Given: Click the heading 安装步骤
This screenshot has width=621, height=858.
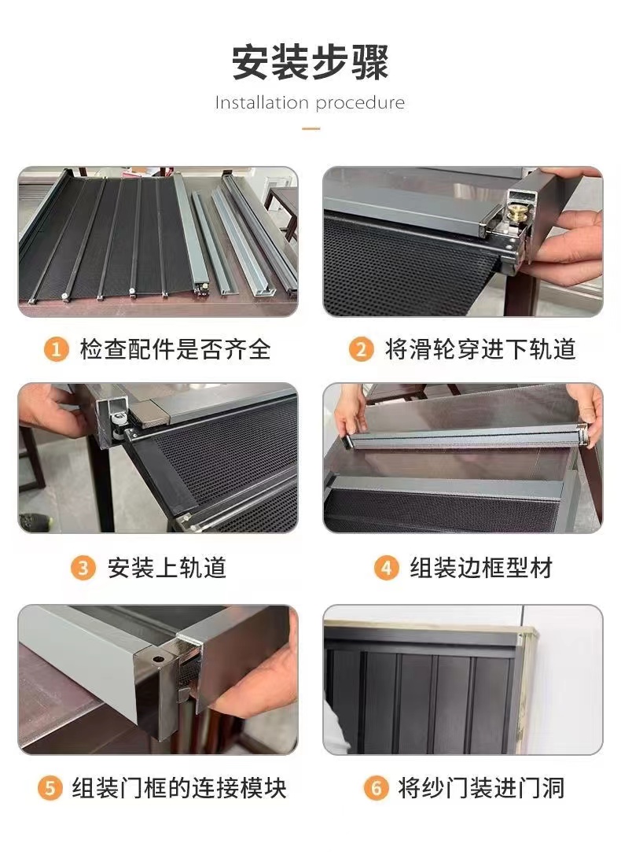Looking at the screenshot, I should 310,63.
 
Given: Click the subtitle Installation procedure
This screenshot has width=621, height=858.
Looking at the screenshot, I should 310,103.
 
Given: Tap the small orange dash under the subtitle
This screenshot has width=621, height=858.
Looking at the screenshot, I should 310,127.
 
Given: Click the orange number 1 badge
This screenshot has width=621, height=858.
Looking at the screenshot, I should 55,349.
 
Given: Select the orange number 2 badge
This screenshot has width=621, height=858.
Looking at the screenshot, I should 361,349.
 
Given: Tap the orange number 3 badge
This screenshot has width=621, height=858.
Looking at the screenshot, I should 83,568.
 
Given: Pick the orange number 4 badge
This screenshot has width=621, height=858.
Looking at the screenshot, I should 385,568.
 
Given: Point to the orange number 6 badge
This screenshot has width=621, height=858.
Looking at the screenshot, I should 376,787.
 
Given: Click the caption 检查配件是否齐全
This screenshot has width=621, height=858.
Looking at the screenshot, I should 175,349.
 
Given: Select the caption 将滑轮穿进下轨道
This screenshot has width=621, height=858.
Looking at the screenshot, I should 480,349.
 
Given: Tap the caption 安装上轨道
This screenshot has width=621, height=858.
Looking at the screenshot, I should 167,568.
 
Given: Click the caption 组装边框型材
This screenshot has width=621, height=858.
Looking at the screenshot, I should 481,568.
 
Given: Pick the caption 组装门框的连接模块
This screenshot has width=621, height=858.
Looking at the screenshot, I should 179,787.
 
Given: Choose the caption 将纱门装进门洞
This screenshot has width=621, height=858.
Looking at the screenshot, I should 481,787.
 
